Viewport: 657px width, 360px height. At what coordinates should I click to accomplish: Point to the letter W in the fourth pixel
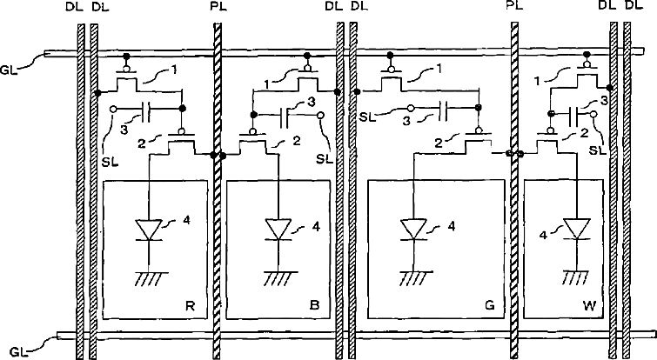click(x=590, y=306)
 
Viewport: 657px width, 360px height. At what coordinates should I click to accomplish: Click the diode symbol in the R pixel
click(x=151, y=230)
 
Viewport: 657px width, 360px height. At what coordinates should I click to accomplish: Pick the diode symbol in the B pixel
click(x=279, y=230)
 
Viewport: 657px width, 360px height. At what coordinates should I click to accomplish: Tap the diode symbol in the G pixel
click(x=413, y=230)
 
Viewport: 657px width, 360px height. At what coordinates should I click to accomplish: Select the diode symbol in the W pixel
click(x=574, y=230)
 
